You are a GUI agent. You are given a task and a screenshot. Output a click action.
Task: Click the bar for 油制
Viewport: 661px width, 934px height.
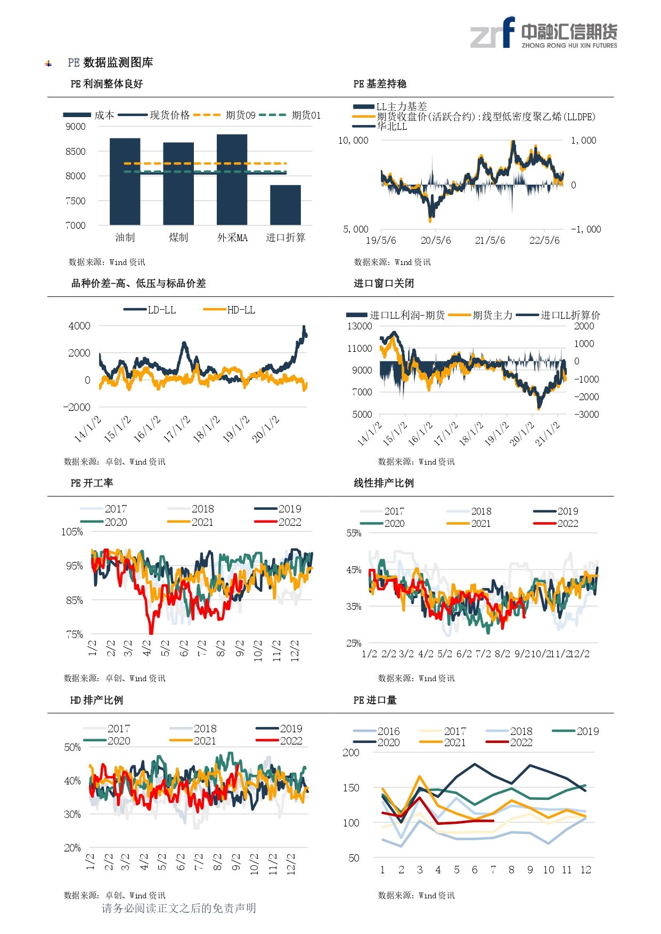tap(125, 181)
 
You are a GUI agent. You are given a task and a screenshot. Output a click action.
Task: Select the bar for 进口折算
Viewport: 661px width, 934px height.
tap(285, 205)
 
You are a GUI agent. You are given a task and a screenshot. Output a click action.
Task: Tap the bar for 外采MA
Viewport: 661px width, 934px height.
tap(232, 179)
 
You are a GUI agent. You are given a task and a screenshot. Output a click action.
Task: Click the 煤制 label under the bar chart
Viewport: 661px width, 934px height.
tap(178, 238)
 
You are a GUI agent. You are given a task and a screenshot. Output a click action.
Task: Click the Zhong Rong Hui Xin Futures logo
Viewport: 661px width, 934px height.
tap(544, 33)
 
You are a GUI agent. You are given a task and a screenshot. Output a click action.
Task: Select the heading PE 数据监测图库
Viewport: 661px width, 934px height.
tap(110, 63)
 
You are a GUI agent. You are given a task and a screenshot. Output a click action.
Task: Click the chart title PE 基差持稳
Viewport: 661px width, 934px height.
tap(380, 84)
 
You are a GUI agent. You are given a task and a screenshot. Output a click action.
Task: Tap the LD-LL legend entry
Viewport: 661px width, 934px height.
tap(150, 310)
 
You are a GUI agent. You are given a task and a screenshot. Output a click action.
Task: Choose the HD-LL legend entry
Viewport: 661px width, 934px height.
tap(229, 310)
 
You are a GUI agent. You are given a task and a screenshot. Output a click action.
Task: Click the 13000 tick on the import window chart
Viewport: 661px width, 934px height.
tap(360, 326)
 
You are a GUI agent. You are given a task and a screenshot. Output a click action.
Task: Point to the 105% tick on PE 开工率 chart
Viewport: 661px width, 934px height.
tap(72, 532)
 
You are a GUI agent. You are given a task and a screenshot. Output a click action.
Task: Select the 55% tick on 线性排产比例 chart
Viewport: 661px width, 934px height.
tap(354, 533)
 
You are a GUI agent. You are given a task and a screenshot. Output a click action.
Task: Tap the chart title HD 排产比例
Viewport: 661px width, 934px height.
tap(96, 700)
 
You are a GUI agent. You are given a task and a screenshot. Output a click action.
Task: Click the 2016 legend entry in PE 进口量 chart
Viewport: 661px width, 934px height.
tap(376, 731)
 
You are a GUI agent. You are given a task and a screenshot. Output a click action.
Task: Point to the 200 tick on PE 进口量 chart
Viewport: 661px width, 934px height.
tap(351, 753)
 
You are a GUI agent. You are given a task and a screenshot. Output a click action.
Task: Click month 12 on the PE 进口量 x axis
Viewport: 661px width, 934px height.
tap(586, 870)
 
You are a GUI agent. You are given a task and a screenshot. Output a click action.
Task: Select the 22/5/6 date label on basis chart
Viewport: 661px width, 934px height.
tap(544, 241)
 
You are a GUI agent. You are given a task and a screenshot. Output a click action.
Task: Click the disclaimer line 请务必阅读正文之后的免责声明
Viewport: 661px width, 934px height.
tap(179, 908)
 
